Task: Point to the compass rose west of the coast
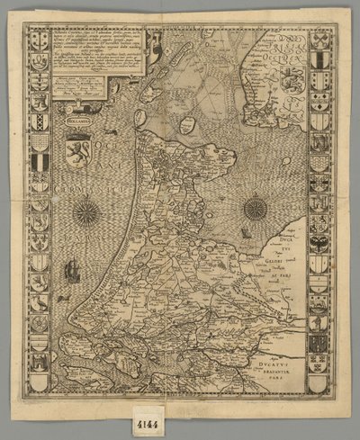pyautogui.click(x=87, y=212)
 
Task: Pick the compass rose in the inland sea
pyautogui.click(x=255, y=209)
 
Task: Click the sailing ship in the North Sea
pyautogui.click(x=68, y=267)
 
